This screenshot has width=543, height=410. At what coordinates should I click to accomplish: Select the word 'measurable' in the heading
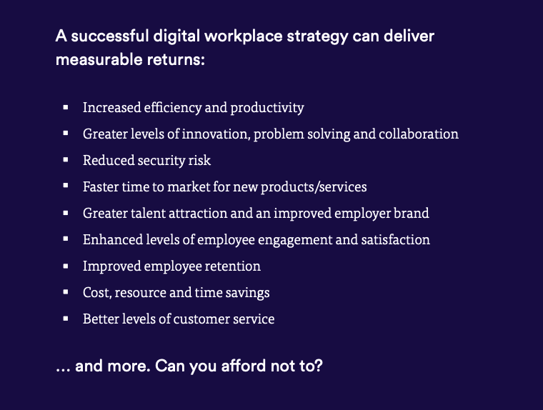99,59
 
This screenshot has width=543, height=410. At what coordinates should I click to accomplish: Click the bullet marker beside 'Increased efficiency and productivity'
66,107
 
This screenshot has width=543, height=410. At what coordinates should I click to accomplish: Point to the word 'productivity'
267,108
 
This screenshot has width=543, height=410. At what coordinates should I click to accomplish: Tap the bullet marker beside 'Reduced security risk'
66,160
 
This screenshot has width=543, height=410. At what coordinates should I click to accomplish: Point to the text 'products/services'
314,187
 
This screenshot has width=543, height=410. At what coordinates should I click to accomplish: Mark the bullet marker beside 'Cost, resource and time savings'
66,292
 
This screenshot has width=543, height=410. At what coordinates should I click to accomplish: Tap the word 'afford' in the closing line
244,366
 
